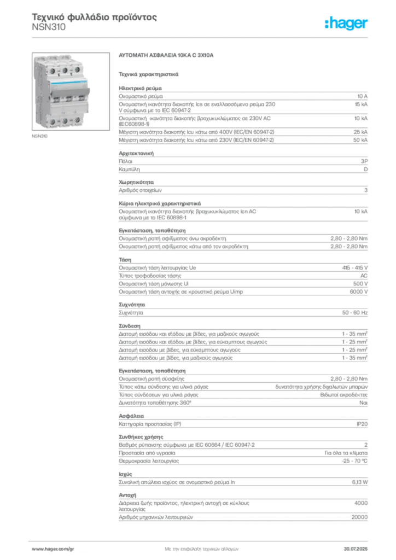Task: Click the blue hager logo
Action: pyautogui.click(x=347, y=24)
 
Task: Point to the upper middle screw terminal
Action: pyautogui.click(x=65, y=71)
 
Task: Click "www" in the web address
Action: pyautogui.click(x=36, y=549)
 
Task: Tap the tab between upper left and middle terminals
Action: pyautogui.click(x=59, y=64)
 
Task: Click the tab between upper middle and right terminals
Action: pyautogui.click(x=71, y=64)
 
